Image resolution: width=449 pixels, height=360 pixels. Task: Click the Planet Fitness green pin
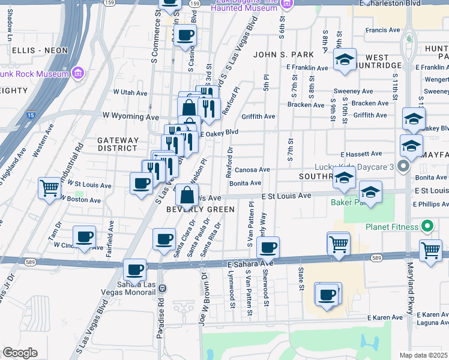427,227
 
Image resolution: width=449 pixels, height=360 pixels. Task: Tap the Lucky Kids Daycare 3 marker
403,166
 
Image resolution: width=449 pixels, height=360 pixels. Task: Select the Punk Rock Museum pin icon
77,74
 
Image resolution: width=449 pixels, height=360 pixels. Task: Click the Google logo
20,353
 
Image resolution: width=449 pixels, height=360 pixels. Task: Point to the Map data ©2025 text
423,355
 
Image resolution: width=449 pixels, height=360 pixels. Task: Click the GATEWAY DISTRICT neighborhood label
118,144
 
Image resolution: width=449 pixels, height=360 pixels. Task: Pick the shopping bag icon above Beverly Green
187,194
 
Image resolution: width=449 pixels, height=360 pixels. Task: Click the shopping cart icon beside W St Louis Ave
49,187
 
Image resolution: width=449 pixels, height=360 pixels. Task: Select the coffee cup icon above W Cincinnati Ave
84,236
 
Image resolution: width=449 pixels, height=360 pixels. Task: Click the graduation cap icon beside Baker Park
370,193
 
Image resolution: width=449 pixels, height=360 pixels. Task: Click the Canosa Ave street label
252,170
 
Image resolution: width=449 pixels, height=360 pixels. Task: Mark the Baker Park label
345,202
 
